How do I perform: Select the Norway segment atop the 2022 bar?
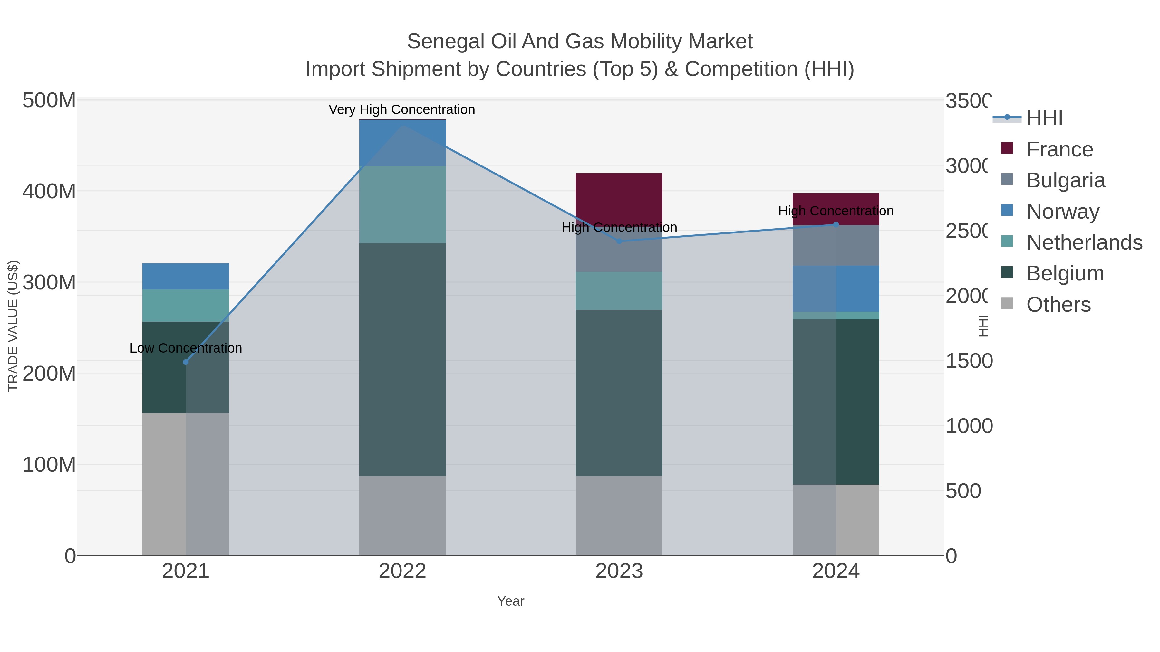(x=402, y=143)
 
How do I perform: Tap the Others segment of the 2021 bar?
(x=186, y=484)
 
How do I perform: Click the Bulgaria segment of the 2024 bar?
(x=836, y=245)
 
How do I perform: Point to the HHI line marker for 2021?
(x=186, y=362)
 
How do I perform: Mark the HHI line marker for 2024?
(x=836, y=224)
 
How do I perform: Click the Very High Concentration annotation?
(x=402, y=110)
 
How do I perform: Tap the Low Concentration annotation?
(x=186, y=348)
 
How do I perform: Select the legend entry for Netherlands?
(x=1084, y=242)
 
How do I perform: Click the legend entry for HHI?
(x=1044, y=118)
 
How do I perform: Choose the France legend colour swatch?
(x=1007, y=148)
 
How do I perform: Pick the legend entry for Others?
(x=1058, y=305)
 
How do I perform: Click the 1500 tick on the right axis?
(x=968, y=361)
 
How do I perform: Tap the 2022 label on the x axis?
(x=402, y=572)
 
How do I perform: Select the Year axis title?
(x=511, y=601)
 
